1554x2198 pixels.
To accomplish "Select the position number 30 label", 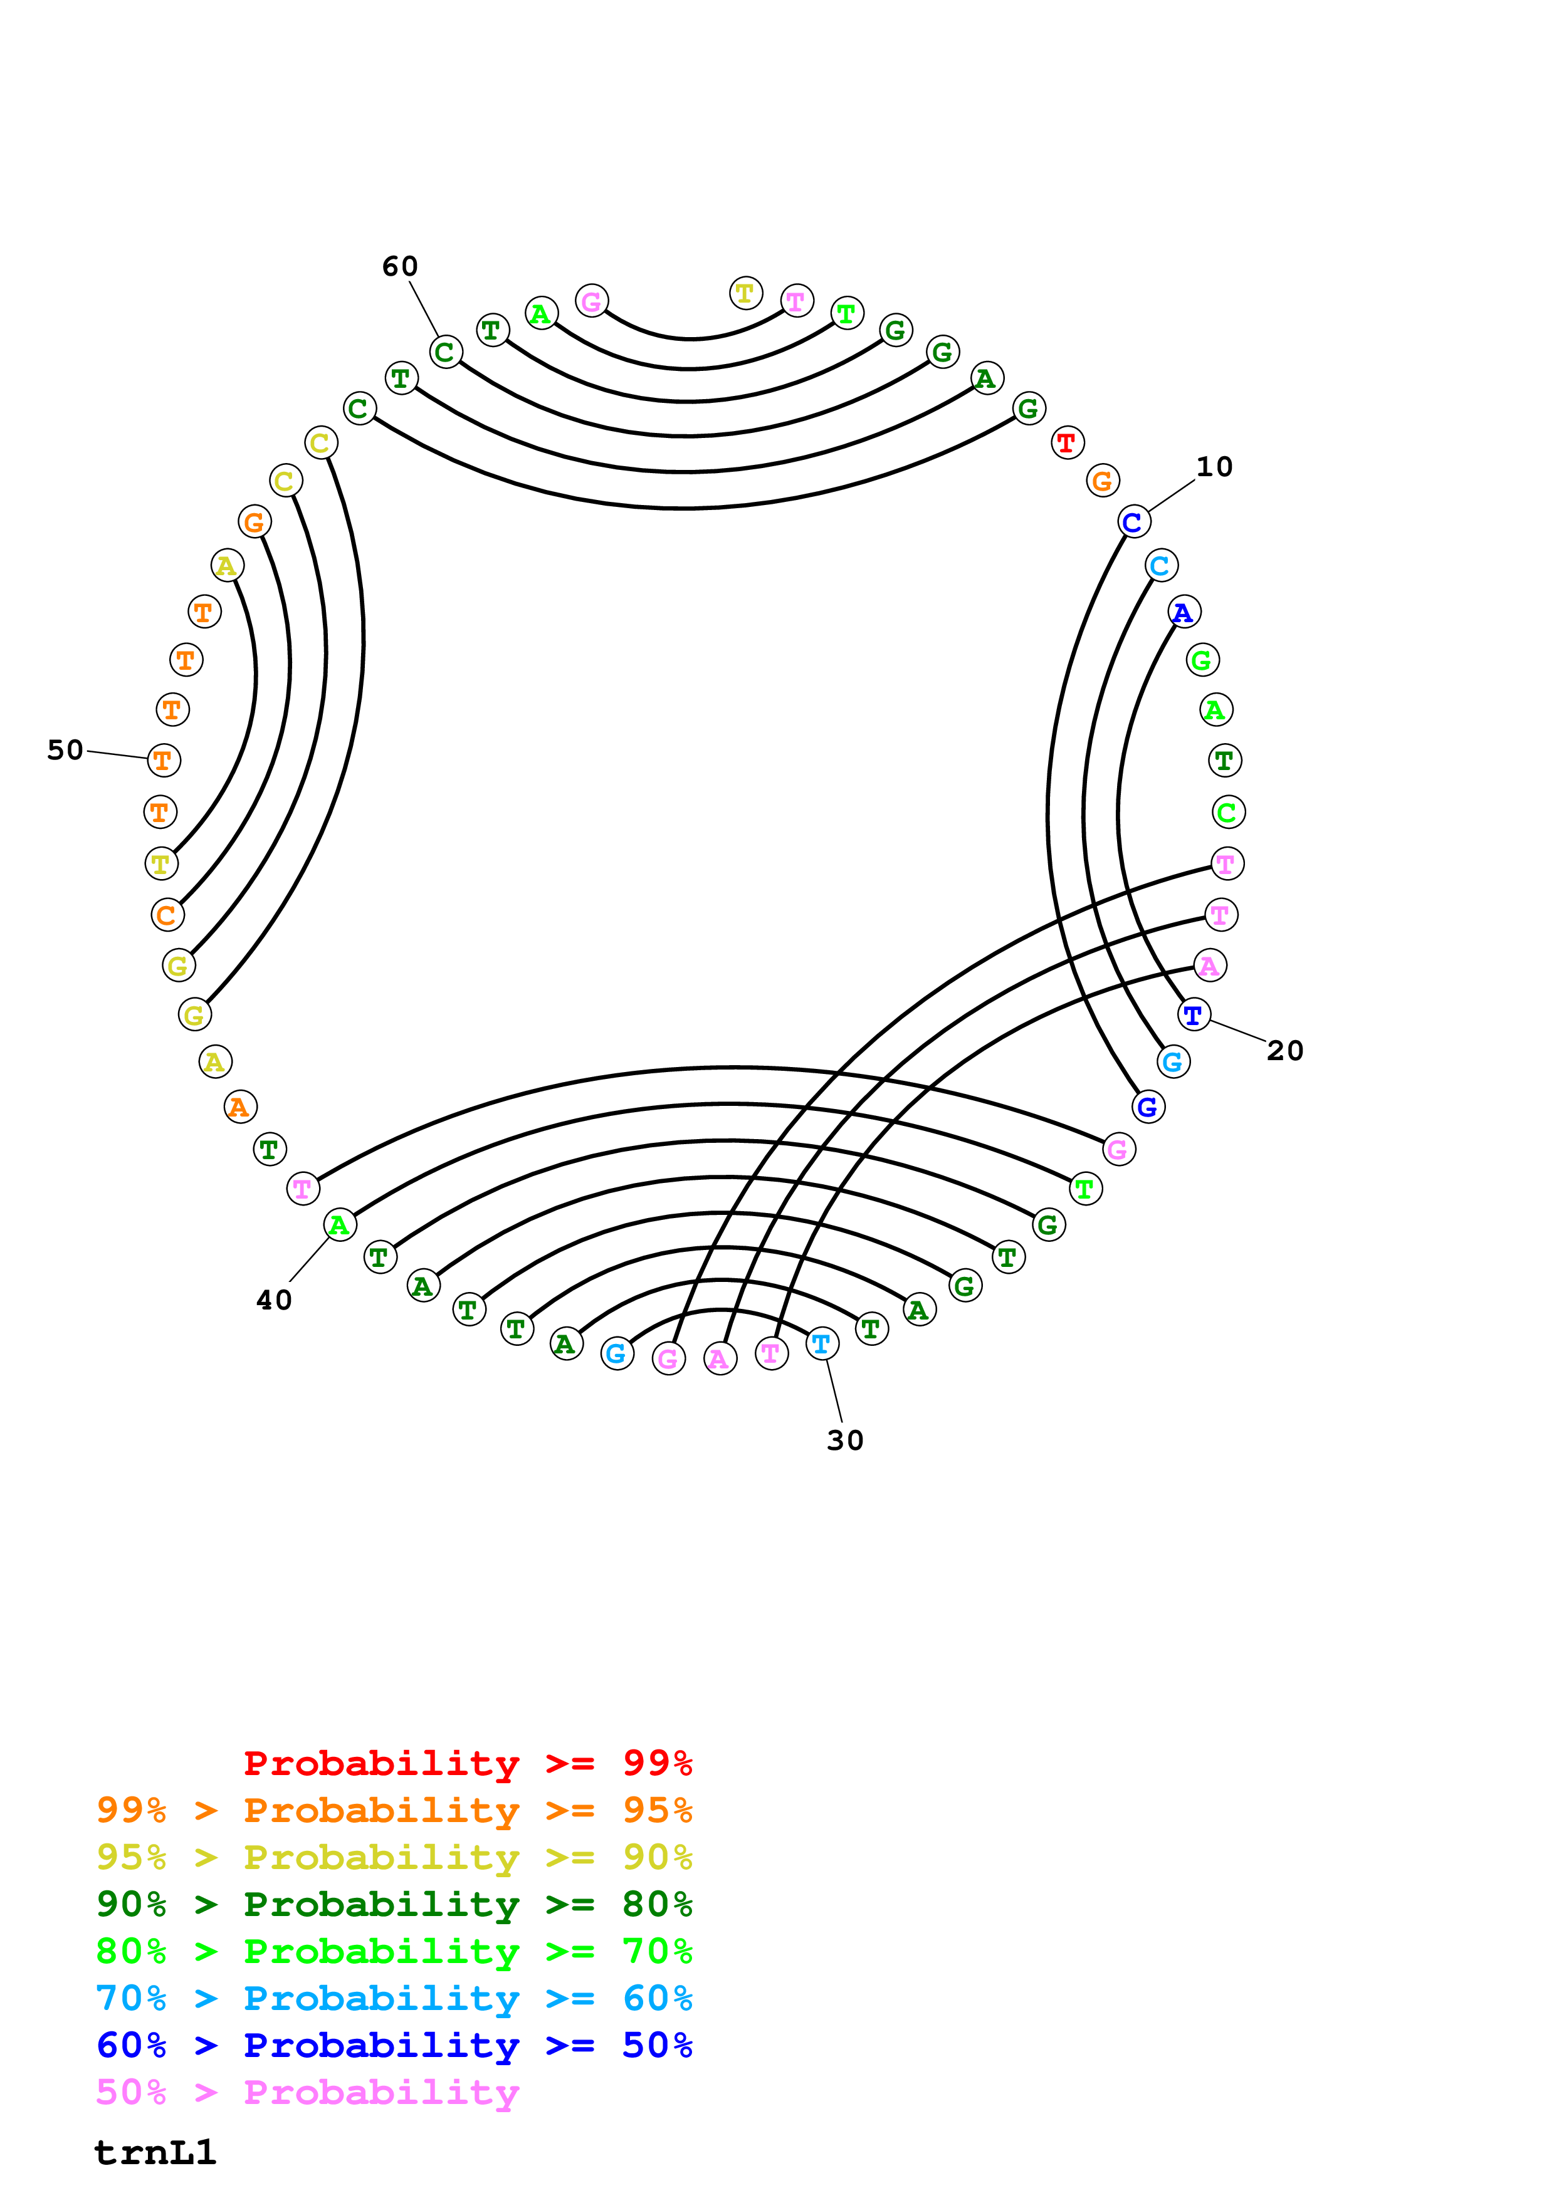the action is tap(844, 1440).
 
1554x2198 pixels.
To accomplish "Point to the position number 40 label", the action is tap(274, 1300).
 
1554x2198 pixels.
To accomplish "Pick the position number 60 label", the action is tap(399, 266).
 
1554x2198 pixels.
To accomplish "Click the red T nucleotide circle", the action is tap(1067, 443).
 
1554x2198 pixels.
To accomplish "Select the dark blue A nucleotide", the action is tap(1184, 612).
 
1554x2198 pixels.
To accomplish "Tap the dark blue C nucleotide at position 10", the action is tap(1133, 522).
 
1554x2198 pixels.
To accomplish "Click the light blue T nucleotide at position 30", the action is tap(822, 1344).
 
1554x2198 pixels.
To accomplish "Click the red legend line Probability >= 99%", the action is tap(467, 1763).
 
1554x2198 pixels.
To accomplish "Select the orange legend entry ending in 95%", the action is tap(394, 1810).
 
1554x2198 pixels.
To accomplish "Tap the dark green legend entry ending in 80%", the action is tap(394, 1904).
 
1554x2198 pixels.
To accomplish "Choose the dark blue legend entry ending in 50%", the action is tap(394, 2045).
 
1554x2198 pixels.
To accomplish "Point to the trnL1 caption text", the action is tap(155, 2152).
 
